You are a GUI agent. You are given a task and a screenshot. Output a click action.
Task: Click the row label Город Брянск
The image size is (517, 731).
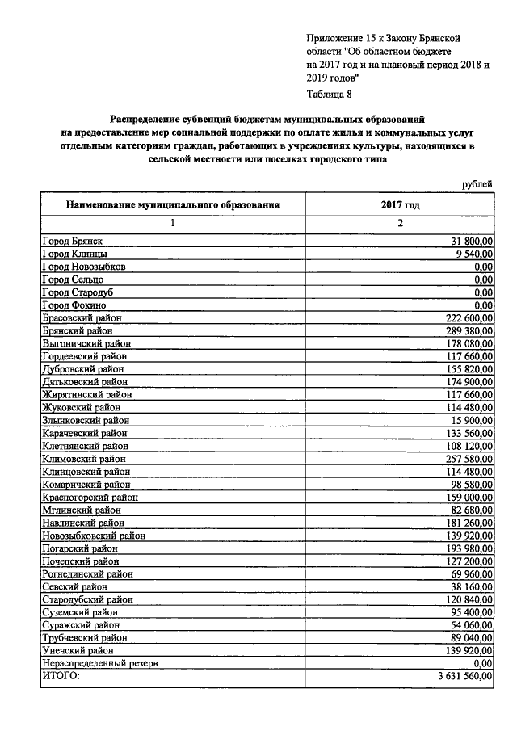73,241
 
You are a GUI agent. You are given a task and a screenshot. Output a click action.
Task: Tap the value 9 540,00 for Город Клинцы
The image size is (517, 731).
472,254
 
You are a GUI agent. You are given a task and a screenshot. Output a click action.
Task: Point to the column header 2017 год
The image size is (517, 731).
400,205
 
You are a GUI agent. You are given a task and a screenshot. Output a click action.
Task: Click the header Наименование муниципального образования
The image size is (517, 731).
173,205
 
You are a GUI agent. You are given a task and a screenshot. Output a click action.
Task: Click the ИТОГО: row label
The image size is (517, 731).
61,675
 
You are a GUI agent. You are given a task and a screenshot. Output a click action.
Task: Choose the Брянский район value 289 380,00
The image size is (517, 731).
466,331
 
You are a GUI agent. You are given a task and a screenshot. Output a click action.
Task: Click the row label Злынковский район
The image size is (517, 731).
85,420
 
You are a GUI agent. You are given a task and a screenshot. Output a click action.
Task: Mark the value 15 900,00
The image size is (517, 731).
469,420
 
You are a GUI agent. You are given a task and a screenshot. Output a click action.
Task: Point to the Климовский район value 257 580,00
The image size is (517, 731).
466,459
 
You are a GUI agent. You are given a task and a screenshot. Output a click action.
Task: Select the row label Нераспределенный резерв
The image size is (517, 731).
99,662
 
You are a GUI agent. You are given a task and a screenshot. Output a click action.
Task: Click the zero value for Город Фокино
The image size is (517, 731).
484,305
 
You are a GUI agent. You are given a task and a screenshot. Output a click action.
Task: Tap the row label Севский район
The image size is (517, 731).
74,586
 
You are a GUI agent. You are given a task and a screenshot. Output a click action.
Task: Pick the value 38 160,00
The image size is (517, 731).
469,586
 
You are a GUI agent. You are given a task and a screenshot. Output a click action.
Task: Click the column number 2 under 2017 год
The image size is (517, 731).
400,224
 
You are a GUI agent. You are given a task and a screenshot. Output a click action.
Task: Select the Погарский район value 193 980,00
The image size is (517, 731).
466,548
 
